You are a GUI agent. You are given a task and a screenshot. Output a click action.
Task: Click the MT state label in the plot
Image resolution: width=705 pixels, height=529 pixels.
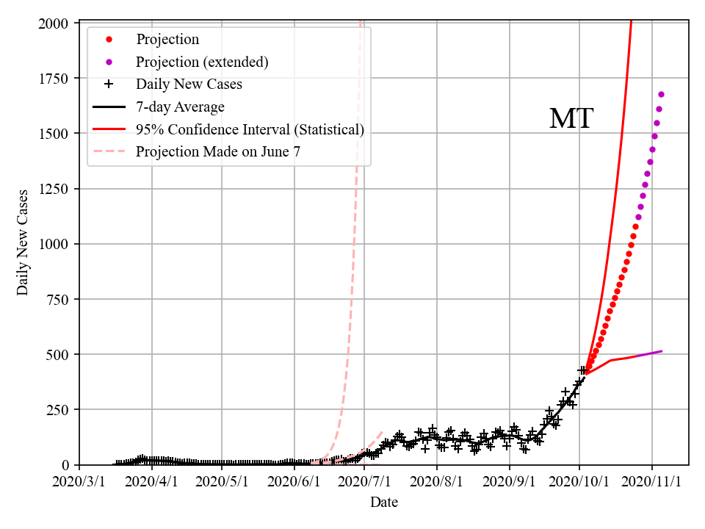pos(571,119)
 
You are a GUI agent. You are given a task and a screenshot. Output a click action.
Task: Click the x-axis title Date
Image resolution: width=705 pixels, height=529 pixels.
pos(384,503)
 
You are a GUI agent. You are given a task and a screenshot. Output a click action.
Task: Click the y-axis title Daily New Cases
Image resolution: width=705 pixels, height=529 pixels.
pos(23,242)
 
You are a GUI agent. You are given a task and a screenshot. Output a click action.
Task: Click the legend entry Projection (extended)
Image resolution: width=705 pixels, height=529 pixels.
pos(202,62)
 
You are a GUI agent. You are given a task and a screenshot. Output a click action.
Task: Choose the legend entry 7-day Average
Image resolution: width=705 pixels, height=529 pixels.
pos(180,107)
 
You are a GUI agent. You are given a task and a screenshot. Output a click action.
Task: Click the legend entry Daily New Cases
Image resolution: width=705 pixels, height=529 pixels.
pos(189,84)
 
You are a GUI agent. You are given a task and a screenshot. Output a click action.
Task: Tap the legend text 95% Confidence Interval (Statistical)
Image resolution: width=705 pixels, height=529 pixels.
pos(250,130)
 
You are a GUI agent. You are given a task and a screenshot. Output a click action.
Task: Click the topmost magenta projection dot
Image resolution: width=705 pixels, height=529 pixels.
pos(661,95)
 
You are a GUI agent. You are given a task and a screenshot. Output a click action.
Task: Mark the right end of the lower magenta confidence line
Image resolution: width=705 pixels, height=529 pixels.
pos(662,351)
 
